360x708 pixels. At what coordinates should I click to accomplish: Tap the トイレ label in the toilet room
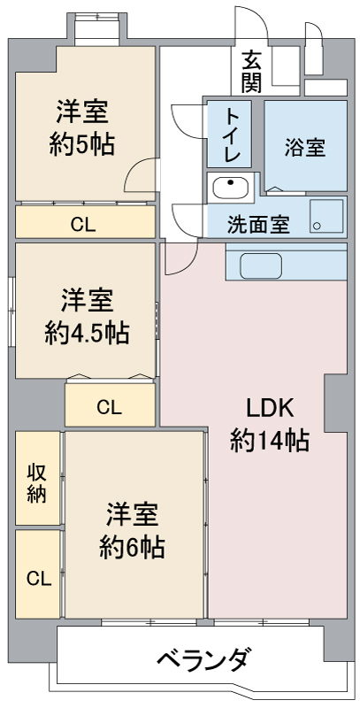(x=233, y=135)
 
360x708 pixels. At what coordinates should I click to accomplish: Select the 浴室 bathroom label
(x=304, y=148)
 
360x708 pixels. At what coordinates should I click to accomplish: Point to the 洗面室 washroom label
(x=257, y=224)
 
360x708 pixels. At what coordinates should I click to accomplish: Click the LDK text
(x=270, y=409)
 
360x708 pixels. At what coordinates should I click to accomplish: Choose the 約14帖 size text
(x=270, y=439)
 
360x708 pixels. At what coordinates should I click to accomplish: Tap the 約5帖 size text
(x=81, y=144)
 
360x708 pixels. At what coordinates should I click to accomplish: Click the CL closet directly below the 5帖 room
(x=83, y=222)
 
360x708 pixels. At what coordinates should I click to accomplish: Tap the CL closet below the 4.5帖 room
(x=109, y=407)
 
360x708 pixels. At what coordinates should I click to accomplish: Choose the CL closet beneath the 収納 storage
(x=37, y=578)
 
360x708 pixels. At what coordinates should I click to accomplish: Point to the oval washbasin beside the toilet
(x=230, y=187)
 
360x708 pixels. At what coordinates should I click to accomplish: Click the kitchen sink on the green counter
(x=259, y=265)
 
